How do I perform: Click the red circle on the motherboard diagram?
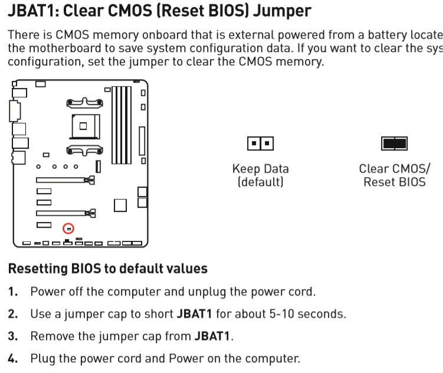pos(68,228)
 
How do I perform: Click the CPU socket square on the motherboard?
pos(83,125)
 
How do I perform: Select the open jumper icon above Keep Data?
pos(260,143)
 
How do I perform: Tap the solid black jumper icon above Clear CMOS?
pos(394,143)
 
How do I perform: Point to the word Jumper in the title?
pos(282,10)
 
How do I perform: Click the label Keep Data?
pos(260,169)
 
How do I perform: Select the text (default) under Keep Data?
pos(260,182)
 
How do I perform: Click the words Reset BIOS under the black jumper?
pos(394,182)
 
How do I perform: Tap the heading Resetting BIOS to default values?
pos(107,269)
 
